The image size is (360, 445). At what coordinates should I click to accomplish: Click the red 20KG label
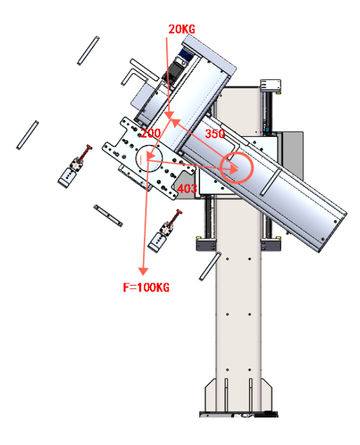182,29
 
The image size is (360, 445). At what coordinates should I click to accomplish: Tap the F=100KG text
146,287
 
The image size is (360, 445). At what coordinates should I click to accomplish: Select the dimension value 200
151,133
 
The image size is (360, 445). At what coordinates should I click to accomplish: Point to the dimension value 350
215,134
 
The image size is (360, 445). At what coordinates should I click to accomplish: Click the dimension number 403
187,189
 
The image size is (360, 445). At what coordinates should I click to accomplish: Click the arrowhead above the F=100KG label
143,271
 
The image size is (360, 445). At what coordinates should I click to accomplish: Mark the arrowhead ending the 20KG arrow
169,114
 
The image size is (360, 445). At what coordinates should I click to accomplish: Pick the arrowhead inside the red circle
233,169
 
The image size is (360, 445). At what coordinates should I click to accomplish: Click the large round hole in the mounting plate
149,158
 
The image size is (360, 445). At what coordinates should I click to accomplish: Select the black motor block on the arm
172,71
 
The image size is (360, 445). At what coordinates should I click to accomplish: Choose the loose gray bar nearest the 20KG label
88,50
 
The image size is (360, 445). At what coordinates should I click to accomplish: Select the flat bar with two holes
108,216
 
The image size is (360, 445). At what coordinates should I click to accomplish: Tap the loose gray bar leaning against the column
210,266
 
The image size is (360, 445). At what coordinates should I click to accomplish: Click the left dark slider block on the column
206,244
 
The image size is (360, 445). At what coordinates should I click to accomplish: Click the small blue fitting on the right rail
267,130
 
